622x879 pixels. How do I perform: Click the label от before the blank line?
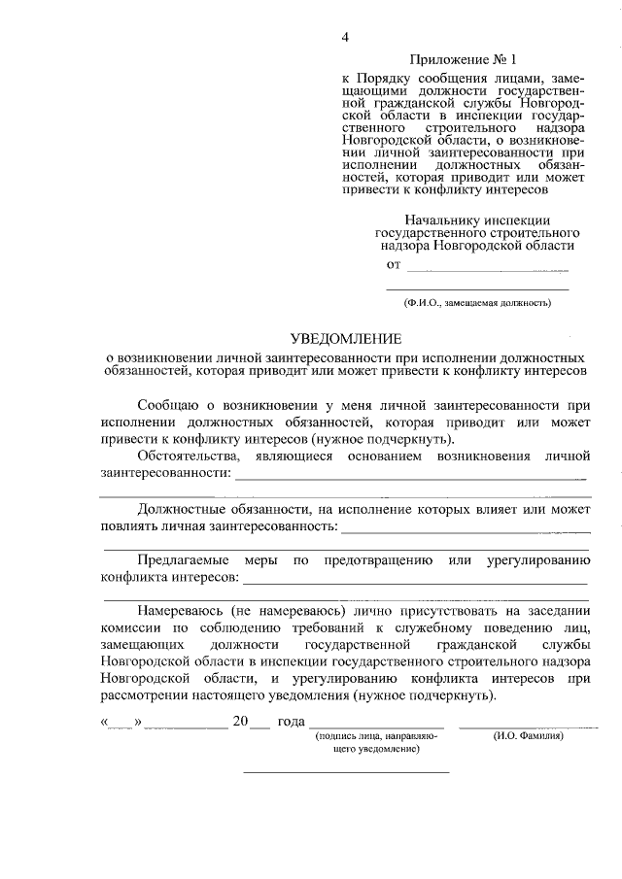(x=393, y=264)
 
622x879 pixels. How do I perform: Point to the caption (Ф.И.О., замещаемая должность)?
(x=478, y=303)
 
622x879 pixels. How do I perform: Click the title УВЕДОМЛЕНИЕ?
(x=346, y=338)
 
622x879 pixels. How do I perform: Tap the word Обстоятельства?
(x=188, y=456)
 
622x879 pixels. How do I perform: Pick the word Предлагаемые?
(x=184, y=560)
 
